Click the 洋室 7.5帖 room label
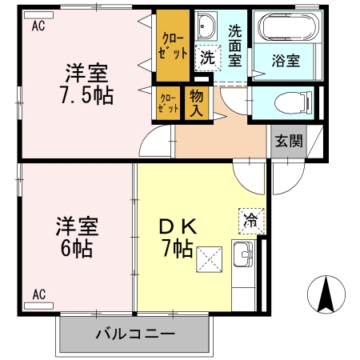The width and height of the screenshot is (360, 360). pyautogui.click(x=86, y=82)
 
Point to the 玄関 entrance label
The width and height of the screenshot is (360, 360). pyautogui.click(x=289, y=141)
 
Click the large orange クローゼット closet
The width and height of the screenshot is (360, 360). pyautogui.click(x=174, y=46)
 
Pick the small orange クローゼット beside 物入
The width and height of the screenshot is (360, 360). pyautogui.click(x=167, y=103)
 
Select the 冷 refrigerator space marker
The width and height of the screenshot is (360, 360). pyautogui.click(x=249, y=218)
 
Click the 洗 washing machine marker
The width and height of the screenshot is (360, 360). pyautogui.click(x=206, y=58)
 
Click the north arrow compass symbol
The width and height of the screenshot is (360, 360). pyautogui.click(x=326, y=294)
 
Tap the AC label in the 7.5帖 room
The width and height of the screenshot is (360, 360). pyautogui.click(x=38, y=26)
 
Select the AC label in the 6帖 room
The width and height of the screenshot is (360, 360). pyautogui.click(x=38, y=295)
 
